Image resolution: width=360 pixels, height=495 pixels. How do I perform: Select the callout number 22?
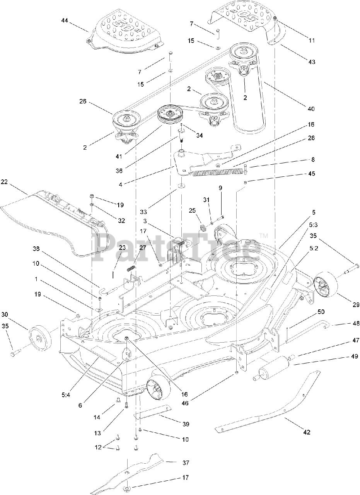[x=5, y=181]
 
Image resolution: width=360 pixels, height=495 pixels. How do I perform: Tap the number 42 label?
[x=306, y=432]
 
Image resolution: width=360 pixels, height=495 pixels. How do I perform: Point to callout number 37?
[x=186, y=463]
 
